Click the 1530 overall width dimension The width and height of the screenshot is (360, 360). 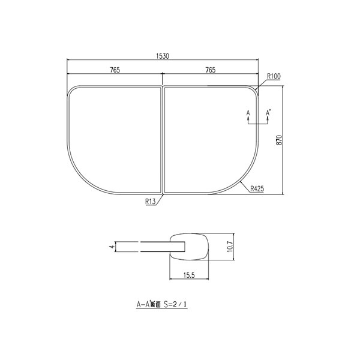(x=163, y=56)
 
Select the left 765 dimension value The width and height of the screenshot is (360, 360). (x=115, y=70)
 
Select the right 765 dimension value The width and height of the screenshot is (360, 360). (x=210, y=70)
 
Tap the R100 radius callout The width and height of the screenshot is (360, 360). (x=273, y=77)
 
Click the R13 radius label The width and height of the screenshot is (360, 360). (x=150, y=202)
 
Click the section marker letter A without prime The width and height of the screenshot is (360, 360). (x=248, y=112)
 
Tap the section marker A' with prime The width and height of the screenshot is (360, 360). (x=268, y=112)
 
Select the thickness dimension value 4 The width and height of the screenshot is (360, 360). (x=111, y=246)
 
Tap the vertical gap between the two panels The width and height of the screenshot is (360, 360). (x=163, y=141)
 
